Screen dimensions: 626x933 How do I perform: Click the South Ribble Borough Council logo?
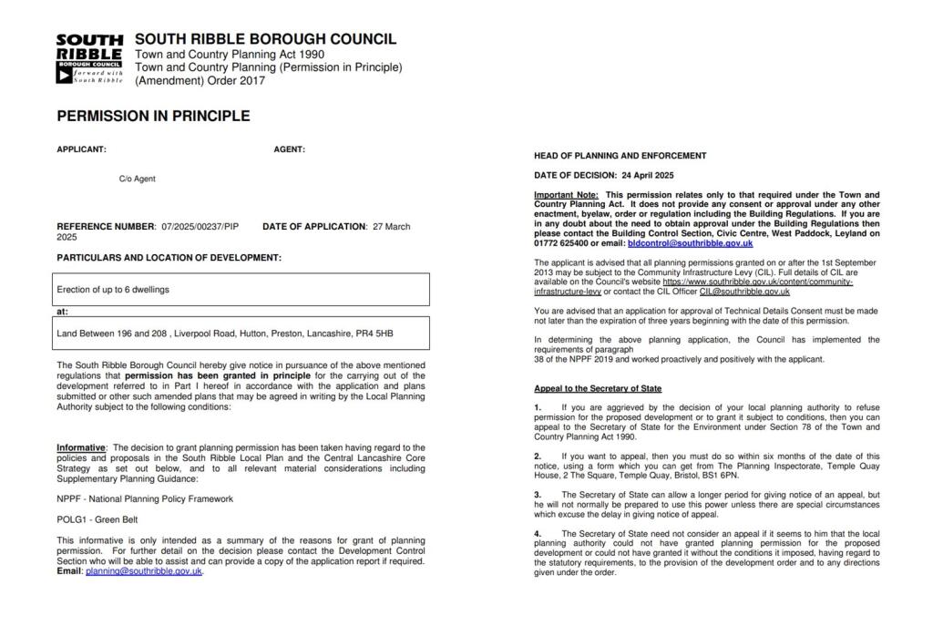click(89, 58)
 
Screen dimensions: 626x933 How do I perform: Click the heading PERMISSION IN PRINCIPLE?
click(153, 117)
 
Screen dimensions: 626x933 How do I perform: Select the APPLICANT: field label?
click(81, 149)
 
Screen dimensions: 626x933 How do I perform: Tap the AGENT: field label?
click(289, 149)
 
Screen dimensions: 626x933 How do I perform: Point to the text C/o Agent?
click(137, 179)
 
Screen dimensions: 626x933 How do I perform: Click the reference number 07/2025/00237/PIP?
click(200, 226)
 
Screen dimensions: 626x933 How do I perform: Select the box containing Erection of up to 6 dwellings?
click(242, 290)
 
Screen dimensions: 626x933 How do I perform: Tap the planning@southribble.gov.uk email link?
click(144, 571)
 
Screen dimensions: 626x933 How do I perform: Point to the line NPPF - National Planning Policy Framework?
click(145, 498)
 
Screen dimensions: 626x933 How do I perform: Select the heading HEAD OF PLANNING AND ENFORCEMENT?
click(620, 156)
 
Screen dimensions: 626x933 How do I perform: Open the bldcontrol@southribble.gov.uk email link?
click(690, 243)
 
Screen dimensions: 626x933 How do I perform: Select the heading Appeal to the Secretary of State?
click(598, 389)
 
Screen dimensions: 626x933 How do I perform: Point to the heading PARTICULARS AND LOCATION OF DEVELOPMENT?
click(169, 258)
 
